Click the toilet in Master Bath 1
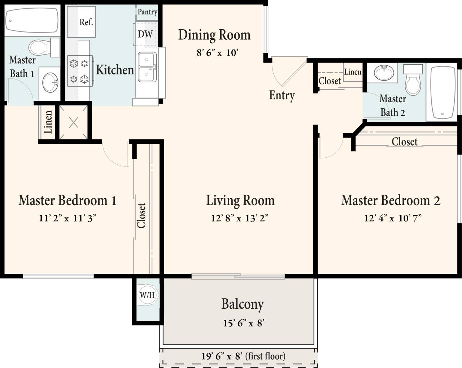(x=39, y=47)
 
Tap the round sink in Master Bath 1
(x=50, y=82)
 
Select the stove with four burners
(x=79, y=71)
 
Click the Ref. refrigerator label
(x=86, y=22)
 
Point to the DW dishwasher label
(x=145, y=34)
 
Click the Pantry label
(x=147, y=12)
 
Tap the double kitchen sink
(x=147, y=67)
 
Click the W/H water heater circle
(x=147, y=295)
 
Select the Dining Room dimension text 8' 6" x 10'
(x=217, y=53)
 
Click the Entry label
(x=282, y=95)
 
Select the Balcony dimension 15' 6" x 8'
(x=244, y=323)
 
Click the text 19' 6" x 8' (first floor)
(x=243, y=356)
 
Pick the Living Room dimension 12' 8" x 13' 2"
(x=240, y=218)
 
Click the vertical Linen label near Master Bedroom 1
(x=48, y=122)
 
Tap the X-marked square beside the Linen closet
(x=73, y=123)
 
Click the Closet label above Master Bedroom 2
(x=404, y=142)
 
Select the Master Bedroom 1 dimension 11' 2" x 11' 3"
(x=67, y=218)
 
